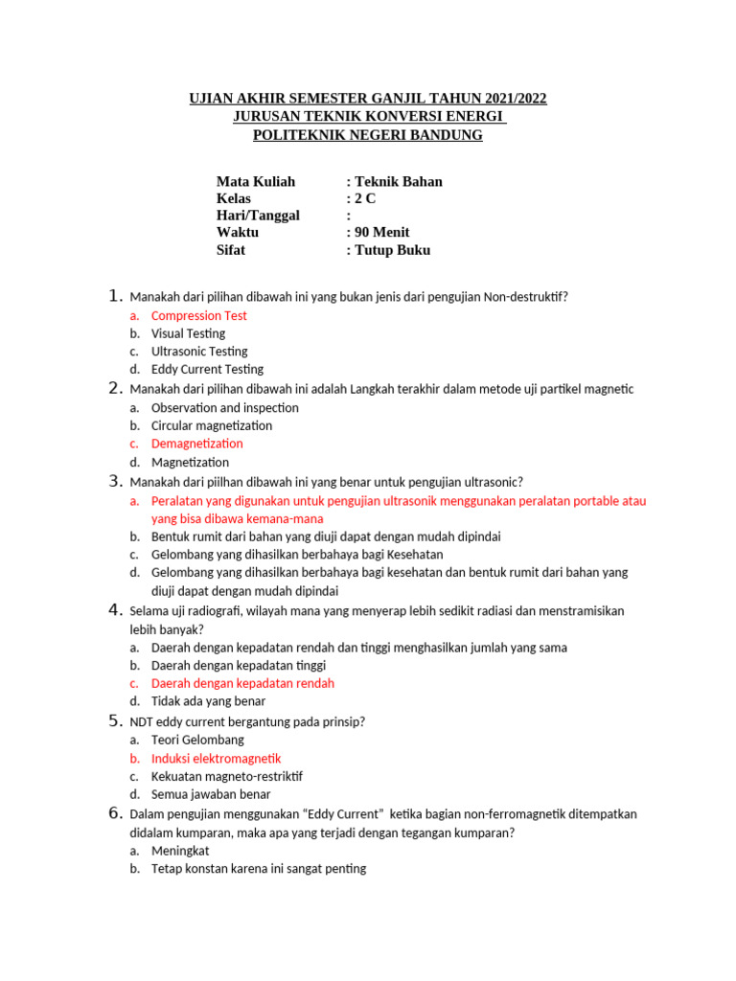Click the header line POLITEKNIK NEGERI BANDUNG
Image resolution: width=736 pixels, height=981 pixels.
[367, 135]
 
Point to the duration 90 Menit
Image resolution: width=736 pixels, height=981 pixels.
[381, 233]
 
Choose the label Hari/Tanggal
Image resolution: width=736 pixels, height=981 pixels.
[258, 216]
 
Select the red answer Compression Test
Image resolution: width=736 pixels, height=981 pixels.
[198, 315]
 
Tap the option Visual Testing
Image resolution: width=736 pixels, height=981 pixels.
[188, 333]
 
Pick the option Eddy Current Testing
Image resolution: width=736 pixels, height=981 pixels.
[207, 369]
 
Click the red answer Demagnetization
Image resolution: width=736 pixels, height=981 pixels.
[196, 444]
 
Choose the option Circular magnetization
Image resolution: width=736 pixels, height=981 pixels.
[211, 425]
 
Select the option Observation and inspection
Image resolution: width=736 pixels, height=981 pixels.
[224, 407]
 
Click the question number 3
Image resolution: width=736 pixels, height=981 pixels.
[115, 481]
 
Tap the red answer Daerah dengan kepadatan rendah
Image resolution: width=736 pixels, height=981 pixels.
[242, 683]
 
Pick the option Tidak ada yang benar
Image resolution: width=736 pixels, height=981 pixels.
[208, 701]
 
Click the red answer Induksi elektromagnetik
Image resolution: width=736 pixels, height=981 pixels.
[216, 758]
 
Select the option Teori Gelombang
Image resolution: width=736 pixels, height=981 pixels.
[197, 740]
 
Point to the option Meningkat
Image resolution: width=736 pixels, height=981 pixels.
[180, 851]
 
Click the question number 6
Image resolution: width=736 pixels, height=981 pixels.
[115, 813]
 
